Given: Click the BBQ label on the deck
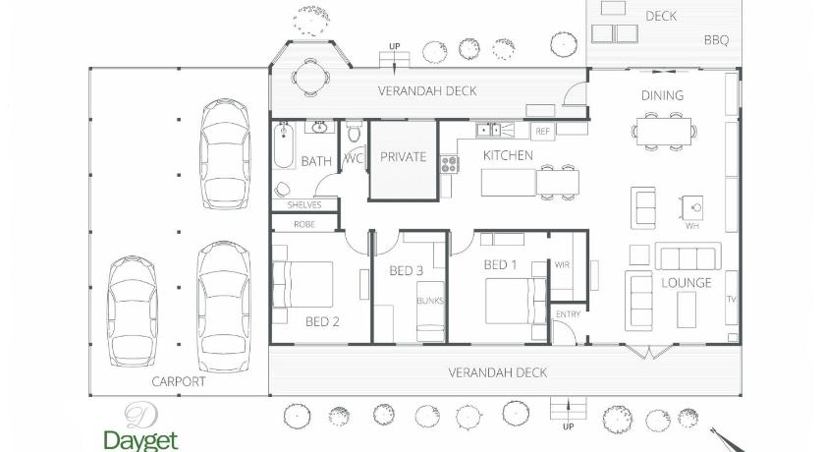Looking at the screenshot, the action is click(716, 40).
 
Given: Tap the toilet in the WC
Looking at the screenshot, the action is click(355, 132).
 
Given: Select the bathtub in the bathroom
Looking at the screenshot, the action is click(284, 144).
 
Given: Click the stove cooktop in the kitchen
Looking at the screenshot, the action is click(450, 165).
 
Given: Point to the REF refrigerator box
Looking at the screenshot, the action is click(542, 131).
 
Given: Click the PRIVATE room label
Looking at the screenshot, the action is click(403, 157).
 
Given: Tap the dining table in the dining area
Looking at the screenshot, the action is click(664, 131).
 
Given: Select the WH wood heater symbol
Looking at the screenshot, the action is click(692, 208).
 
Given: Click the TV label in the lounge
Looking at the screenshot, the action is click(732, 299).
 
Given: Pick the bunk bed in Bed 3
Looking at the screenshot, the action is click(431, 311).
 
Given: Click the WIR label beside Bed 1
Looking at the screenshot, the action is click(562, 264).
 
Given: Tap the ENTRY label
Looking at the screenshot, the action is click(568, 314).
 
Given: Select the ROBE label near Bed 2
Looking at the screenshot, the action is click(304, 224).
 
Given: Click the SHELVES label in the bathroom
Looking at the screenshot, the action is click(304, 204).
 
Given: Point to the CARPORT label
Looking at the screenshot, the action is click(179, 381).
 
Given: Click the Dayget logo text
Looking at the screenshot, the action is click(141, 440).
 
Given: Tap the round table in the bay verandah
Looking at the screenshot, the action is click(311, 78).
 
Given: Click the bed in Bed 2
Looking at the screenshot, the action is click(302, 284).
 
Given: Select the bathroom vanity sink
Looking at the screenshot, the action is click(319, 128).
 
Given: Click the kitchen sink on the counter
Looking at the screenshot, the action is click(489, 130).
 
